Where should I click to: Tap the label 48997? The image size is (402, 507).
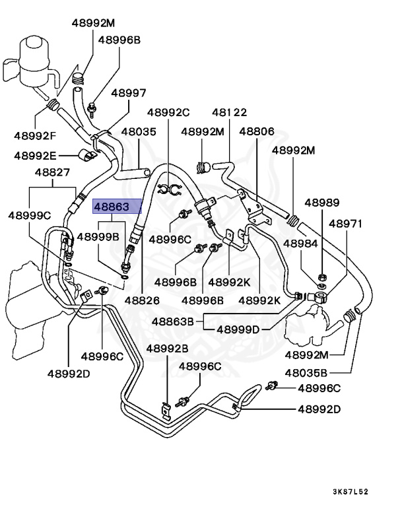pyautogui.click(x=128, y=93)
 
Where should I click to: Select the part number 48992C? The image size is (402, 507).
pyautogui.click(x=168, y=112)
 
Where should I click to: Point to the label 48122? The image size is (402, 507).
pyautogui.click(x=229, y=112)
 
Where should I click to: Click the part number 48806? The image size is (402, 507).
pyautogui.click(x=256, y=131)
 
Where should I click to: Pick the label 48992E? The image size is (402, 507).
pyautogui.click(x=36, y=156)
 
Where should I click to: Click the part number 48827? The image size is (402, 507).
pyautogui.click(x=52, y=172)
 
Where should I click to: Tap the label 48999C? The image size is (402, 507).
pyautogui.click(x=30, y=215)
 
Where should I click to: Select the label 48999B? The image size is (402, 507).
pyautogui.click(x=98, y=236)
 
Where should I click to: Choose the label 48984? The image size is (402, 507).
pyautogui.click(x=302, y=243)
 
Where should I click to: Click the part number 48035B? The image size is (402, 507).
pyautogui.click(x=306, y=371)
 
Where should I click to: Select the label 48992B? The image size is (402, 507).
pyautogui.click(x=167, y=348)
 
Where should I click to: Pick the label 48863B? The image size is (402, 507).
pyautogui.click(x=173, y=322)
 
